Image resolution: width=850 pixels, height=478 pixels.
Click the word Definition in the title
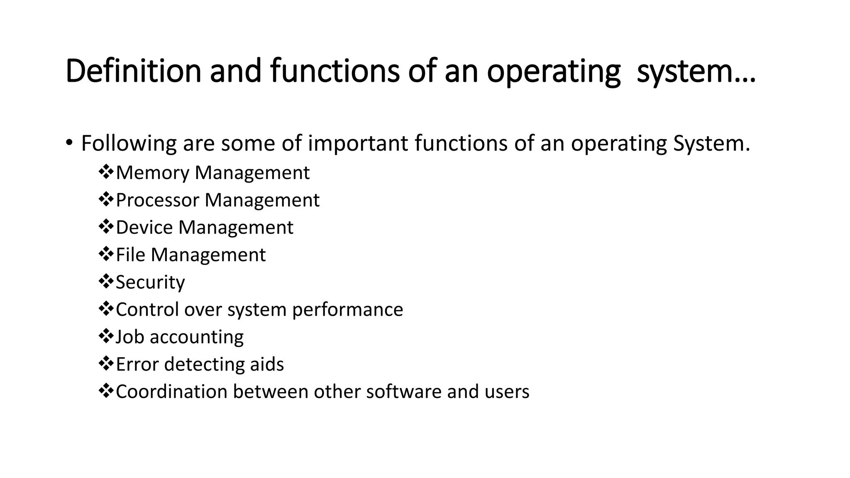click(133, 71)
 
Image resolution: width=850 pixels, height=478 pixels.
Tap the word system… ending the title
click(696, 71)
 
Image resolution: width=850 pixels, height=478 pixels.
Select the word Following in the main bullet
click(129, 144)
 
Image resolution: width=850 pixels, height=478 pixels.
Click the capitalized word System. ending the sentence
click(711, 144)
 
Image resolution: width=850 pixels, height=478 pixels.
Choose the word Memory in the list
click(152, 173)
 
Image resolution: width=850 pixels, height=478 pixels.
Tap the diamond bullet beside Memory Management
click(106, 172)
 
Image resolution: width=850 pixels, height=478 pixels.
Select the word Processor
click(157, 200)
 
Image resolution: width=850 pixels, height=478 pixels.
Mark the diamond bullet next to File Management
click(106, 254)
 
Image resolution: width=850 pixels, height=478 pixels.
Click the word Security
click(150, 283)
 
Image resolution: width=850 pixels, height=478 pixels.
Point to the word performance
click(347, 310)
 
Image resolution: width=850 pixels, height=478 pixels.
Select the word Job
click(130, 337)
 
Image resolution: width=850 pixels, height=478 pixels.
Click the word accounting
click(197, 337)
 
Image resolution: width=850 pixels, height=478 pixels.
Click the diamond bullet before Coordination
click(106, 391)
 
